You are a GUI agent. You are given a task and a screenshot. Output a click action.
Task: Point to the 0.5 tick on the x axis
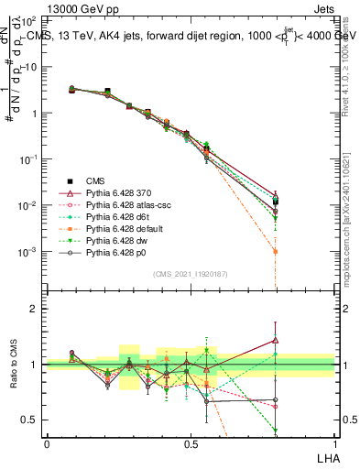coord(191,442)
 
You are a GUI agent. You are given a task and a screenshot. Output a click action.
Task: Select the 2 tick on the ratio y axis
coord(36,310)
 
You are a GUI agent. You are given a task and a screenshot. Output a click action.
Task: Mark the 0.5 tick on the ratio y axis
coord(32,420)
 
